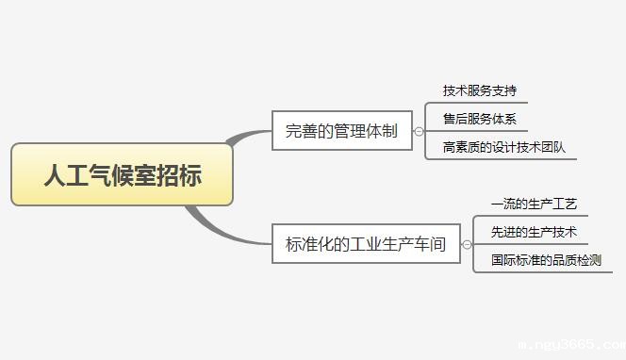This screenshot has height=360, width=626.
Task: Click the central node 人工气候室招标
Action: (122, 174)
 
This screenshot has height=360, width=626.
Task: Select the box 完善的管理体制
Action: (341, 132)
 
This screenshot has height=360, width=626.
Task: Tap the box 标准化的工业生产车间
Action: (366, 244)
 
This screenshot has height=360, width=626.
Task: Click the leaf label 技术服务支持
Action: (479, 91)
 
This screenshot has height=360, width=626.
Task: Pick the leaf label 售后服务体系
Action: (479, 120)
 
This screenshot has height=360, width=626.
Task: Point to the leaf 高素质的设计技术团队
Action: (503, 148)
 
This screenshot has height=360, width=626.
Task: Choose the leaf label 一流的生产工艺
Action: (533, 204)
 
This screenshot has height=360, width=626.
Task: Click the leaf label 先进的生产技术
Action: (533, 232)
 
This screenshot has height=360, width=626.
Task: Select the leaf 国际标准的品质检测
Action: (545, 260)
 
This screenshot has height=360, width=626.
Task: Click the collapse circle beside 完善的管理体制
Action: (419, 132)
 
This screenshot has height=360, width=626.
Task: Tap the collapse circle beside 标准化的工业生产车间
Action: (467, 244)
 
